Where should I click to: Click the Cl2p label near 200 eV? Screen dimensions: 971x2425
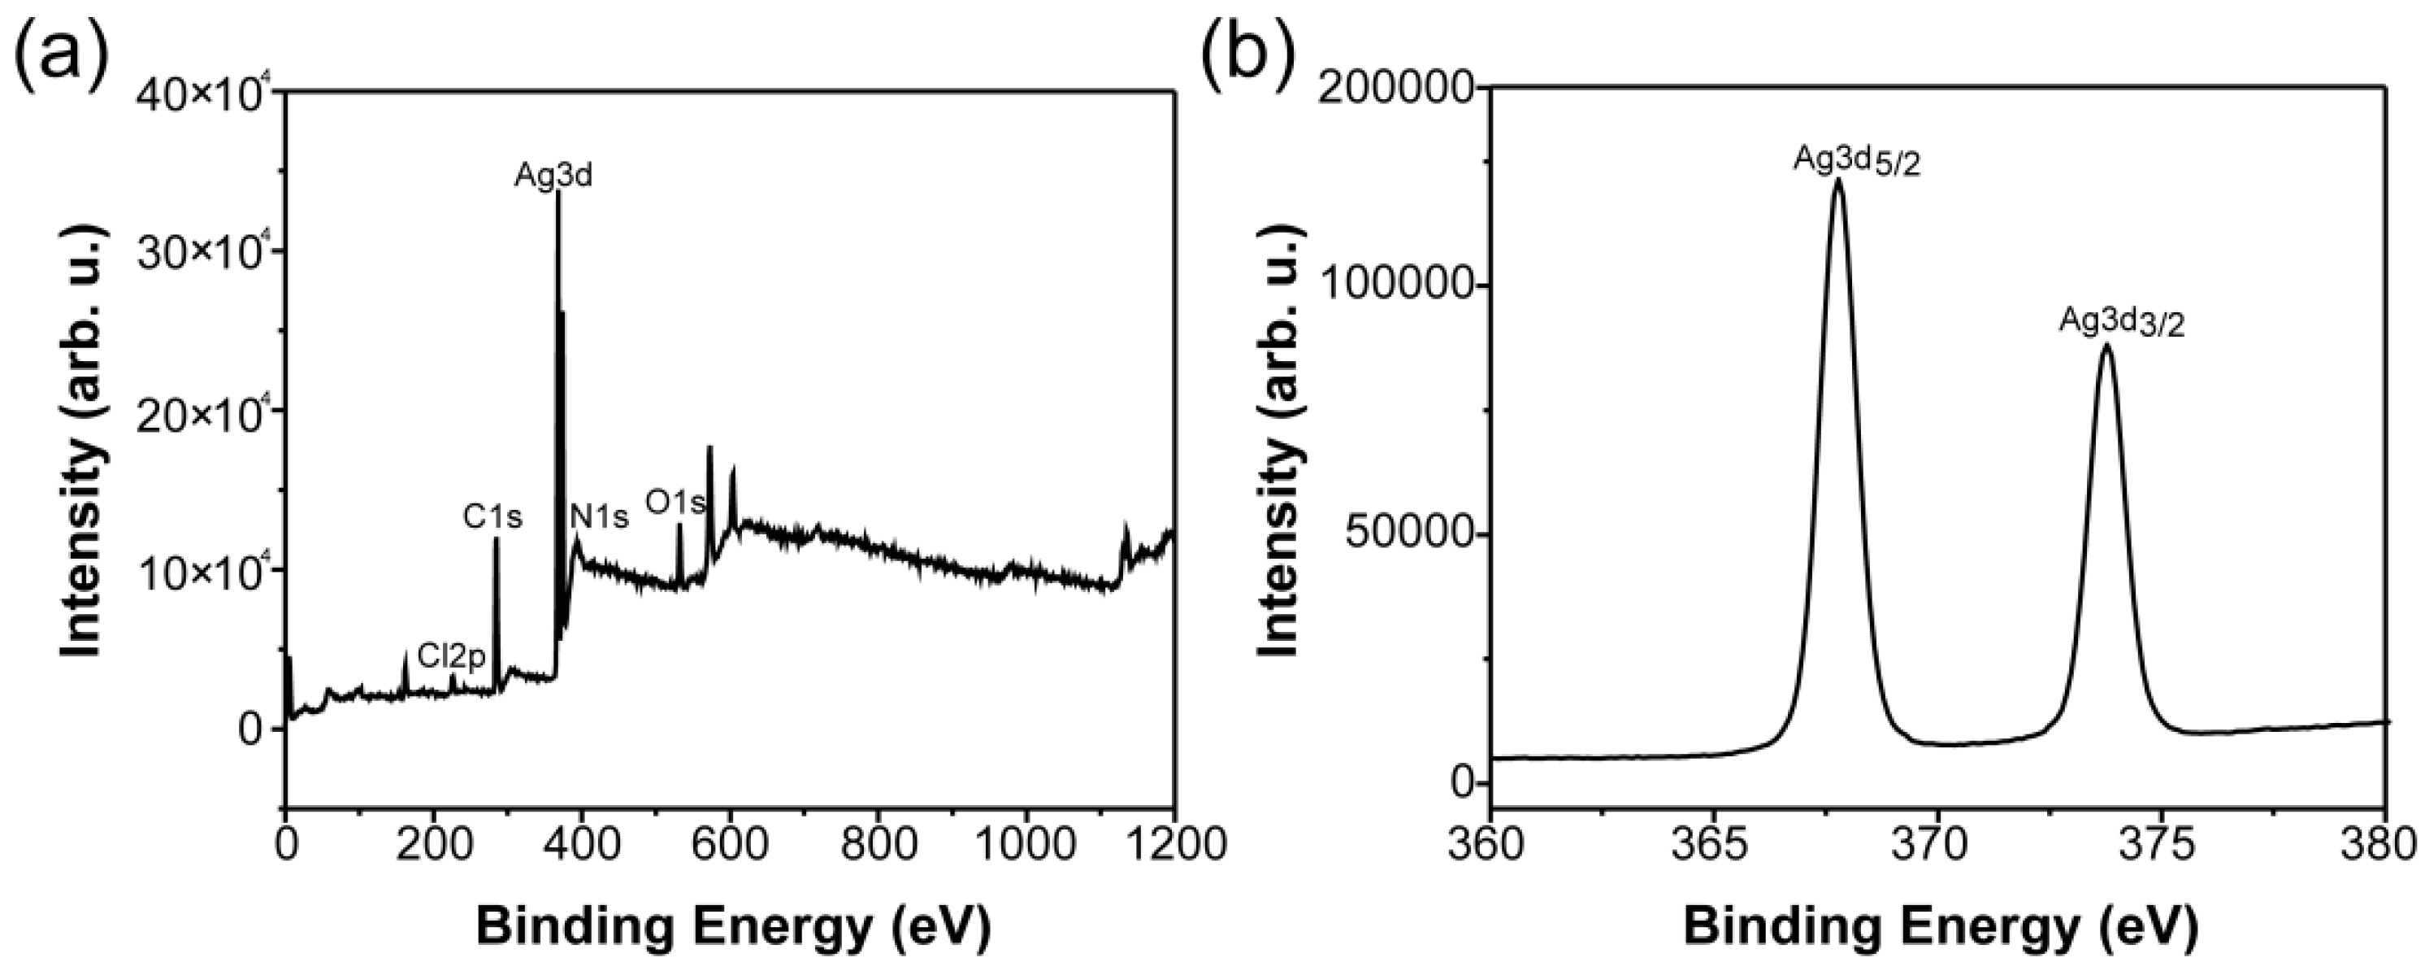(x=452, y=656)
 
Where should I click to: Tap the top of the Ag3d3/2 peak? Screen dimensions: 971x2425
(x=2106, y=346)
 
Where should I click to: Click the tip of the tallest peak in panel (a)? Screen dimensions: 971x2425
(x=557, y=193)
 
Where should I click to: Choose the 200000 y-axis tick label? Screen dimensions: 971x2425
(x=1397, y=89)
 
